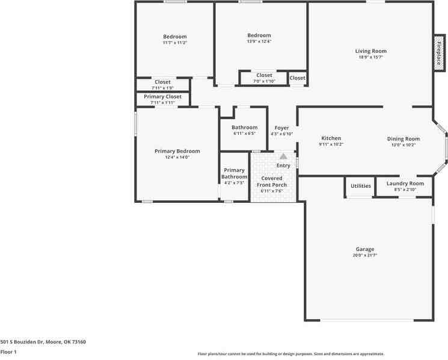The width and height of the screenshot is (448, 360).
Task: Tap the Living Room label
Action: [x=370, y=51]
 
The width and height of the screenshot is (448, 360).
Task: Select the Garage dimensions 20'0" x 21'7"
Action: [x=364, y=255]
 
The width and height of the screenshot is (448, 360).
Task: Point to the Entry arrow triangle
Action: [x=283, y=157]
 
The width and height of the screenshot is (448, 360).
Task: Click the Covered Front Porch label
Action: [x=272, y=182]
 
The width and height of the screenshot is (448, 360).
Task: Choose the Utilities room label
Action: [x=361, y=186]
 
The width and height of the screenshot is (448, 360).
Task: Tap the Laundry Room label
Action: [x=405, y=184]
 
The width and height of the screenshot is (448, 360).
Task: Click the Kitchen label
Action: [x=331, y=138]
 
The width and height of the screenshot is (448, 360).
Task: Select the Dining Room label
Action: [x=403, y=139]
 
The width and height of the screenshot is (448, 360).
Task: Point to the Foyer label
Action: [x=281, y=128]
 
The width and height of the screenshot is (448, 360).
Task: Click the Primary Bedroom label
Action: [x=177, y=151]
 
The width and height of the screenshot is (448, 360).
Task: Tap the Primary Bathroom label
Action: [x=234, y=173]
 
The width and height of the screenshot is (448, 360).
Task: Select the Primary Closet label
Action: [x=162, y=96]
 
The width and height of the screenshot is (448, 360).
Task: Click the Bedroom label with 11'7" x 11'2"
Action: [x=174, y=37]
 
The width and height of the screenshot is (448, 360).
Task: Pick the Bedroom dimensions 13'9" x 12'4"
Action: [x=259, y=42]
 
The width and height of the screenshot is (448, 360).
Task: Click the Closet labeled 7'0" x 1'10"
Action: [x=264, y=76]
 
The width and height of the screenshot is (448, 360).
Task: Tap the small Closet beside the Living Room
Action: [x=298, y=78]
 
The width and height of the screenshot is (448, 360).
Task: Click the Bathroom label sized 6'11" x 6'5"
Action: [x=245, y=128]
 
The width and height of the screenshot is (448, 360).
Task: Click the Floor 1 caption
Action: [x=8, y=352]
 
